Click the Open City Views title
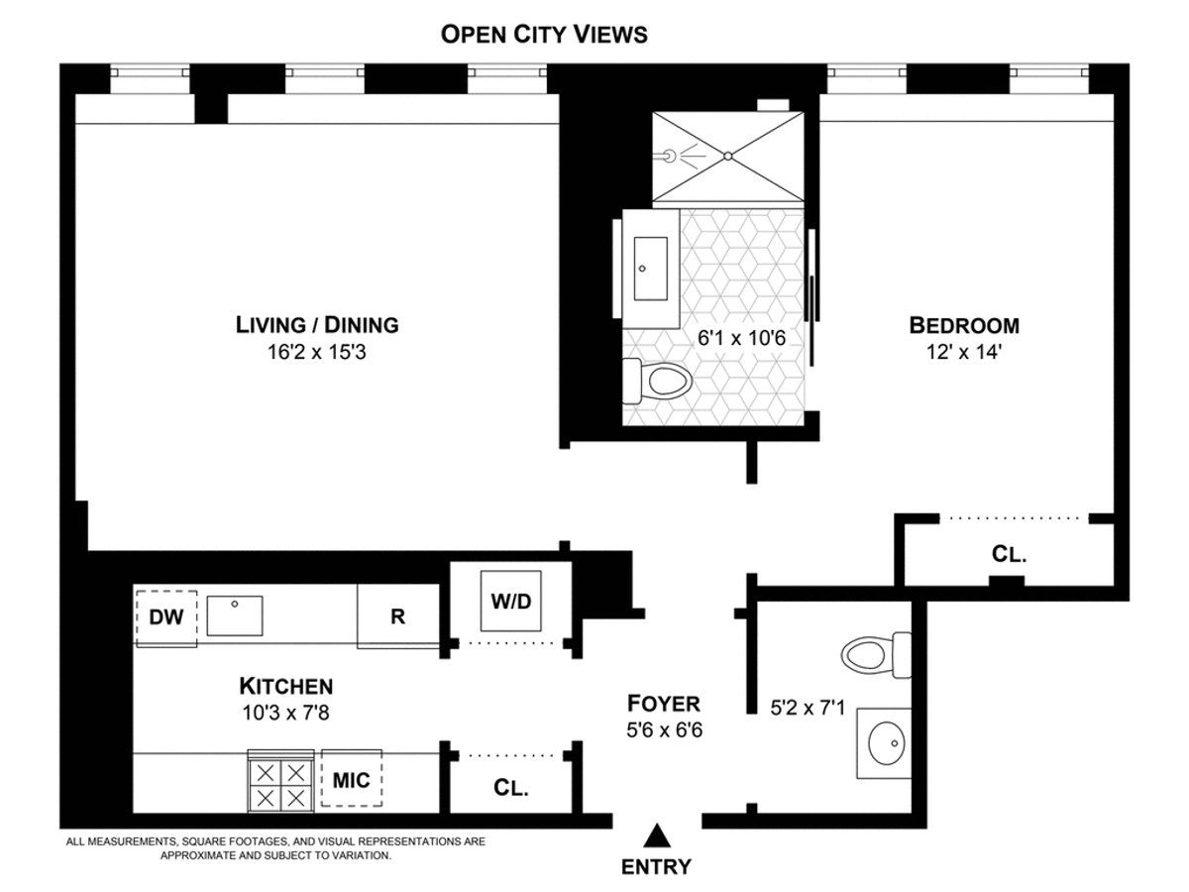544,35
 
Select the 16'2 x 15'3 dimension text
316,352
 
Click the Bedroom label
964,324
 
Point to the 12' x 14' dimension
964,352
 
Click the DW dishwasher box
166,617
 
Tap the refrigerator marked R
397,616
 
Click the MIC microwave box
351,780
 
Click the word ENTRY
656,866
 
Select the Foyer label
664,704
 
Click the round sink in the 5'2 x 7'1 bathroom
887,740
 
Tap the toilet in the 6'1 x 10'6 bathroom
656,381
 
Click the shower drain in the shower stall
728,155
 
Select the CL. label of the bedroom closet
1009,555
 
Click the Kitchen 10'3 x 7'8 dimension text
285,712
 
